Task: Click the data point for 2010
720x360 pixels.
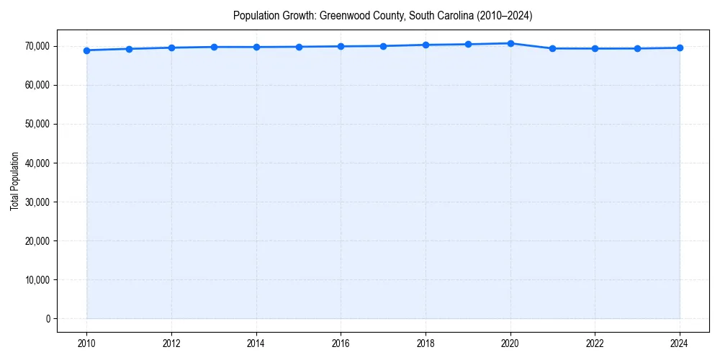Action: coord(86,50)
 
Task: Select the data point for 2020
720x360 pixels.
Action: coord(510,43)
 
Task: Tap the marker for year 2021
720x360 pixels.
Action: coord(552,48)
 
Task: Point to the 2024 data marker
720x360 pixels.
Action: coord(680,48)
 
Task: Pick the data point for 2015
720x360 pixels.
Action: coord(299,47)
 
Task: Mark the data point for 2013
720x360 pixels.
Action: coord(214,47)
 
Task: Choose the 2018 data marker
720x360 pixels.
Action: coord(426,45)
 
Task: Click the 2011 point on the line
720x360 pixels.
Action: coord(129,49)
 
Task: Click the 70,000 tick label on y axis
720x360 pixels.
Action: coord(37,46)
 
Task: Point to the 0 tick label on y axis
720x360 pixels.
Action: coord(48,318)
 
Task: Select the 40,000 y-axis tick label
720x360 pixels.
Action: coord(37,163)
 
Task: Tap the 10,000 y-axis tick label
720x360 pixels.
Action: coord(37,279)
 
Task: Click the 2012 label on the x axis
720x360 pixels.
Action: coord(171,343)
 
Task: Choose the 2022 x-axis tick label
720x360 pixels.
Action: coord(595,343)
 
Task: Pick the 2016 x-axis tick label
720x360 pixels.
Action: coord(341,343)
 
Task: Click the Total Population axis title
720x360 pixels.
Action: coord(14,181)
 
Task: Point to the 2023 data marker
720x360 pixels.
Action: coord(637,48)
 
